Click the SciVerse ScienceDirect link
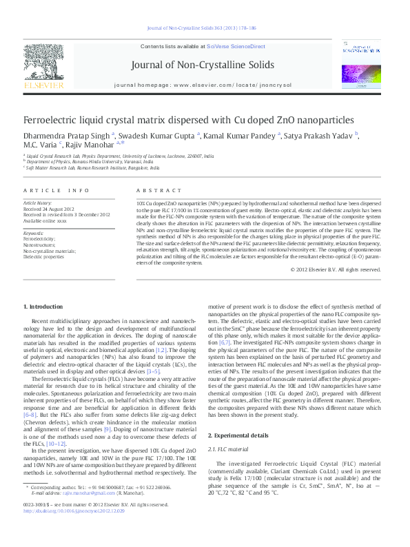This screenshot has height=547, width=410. pos(239,46)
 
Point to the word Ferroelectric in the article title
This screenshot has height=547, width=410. pos(52,120)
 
